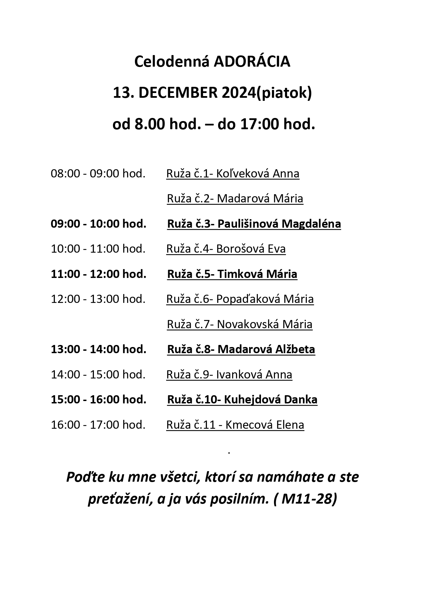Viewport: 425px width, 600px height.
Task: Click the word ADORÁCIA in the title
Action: [252, 62]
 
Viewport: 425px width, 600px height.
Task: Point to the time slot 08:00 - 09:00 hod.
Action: [98, 174]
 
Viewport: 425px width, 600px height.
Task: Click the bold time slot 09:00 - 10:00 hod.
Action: [99, 224]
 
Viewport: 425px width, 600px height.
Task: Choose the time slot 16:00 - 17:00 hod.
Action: [98, 425]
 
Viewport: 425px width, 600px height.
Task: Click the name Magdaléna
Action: [311, 224]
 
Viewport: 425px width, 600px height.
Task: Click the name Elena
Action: [290, 425]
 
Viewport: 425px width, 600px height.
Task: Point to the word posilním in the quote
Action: [239, 499]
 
